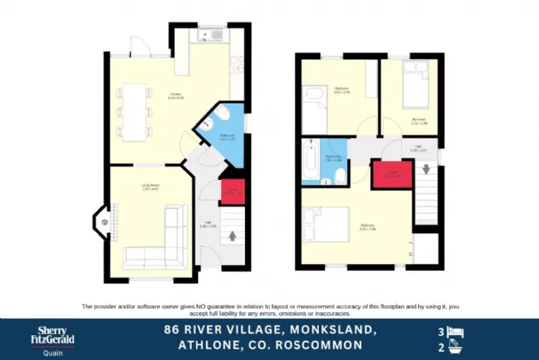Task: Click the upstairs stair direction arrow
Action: click(x=426, y=168)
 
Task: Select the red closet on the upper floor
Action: click(x=387, y=175)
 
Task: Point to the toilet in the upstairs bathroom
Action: click(x=340, y=177)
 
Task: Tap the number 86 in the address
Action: click(x=172, y=329)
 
